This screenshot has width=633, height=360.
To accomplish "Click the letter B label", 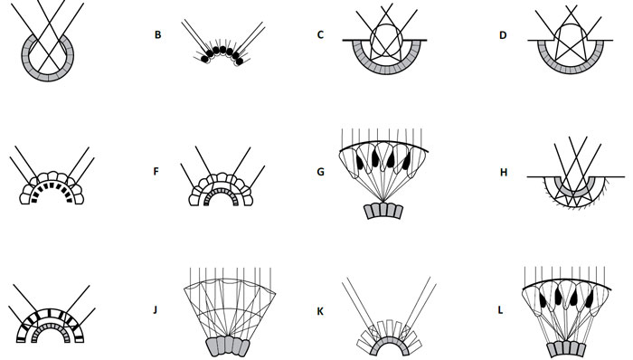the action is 158,35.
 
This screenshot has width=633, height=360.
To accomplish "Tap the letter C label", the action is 320,35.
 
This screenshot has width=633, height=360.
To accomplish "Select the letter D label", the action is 503,35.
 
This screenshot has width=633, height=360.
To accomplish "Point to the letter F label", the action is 156,172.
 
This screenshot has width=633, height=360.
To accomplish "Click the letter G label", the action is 320,172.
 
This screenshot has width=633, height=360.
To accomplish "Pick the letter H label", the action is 504,173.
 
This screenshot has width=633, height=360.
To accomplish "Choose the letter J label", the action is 155,310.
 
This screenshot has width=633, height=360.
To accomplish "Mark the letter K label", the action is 320,311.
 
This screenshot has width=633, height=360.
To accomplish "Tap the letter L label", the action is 501,310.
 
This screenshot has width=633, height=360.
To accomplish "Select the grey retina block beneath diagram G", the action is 383,211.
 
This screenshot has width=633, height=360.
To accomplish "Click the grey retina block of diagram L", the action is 566,348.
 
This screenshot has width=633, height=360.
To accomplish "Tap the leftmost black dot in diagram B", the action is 204,59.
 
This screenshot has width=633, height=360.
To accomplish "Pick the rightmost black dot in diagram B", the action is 240,62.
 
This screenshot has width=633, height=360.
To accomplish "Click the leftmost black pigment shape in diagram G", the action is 360,161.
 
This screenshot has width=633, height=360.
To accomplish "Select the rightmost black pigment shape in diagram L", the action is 590,298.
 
